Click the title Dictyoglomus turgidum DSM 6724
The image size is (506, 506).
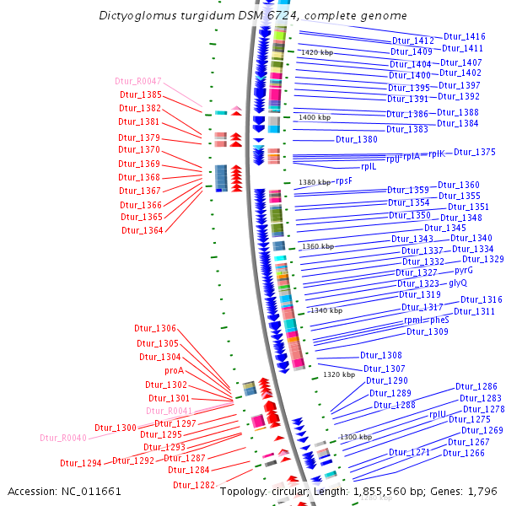coord(252,16)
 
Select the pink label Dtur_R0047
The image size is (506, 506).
coord(138,82)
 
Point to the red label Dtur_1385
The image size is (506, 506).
coord(140,95)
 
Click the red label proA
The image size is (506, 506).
coord(174,370)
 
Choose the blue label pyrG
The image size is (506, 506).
coord(464,271)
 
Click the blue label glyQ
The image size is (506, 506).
coord(458,283)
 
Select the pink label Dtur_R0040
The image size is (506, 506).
coord(63,438)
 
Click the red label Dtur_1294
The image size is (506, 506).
coord(81,463)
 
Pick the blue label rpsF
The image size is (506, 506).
coord(343,180)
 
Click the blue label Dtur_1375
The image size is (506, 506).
coord(475,153)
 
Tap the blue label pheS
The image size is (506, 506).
coord(440,320)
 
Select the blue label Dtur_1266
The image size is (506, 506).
coord(464,453)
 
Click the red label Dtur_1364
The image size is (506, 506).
coord(142,230)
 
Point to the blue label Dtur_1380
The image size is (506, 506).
coord(357,139)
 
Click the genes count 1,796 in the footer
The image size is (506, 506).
coord(479,490)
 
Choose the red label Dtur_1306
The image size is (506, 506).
coord(155,328)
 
